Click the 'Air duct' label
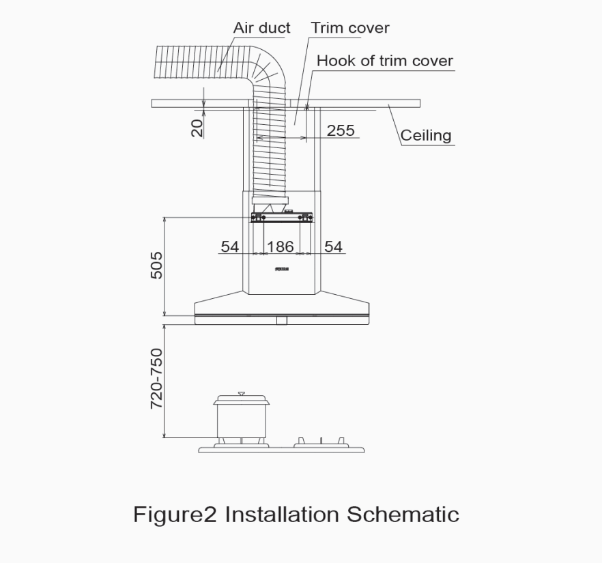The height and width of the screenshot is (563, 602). [261, 28]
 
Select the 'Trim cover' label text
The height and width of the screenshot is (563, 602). [350, 28]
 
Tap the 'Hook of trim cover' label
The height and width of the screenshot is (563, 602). [384, 61]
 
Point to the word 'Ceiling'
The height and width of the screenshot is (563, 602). [426, 135]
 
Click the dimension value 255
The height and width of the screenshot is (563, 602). [341, 130]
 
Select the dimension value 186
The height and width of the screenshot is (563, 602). [280, 246]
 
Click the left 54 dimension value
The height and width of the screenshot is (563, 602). [230, 246]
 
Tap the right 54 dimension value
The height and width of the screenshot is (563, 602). [333, 246]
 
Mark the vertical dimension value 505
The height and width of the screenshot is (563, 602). [157, 265]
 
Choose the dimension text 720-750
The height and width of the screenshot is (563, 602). [157, 379]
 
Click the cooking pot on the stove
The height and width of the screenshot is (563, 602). [241, 418]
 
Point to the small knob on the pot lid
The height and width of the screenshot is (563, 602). [240, 394]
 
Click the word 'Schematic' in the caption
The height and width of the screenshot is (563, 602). [403, 514]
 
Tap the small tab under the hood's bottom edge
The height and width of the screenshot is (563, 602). [281, 320]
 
